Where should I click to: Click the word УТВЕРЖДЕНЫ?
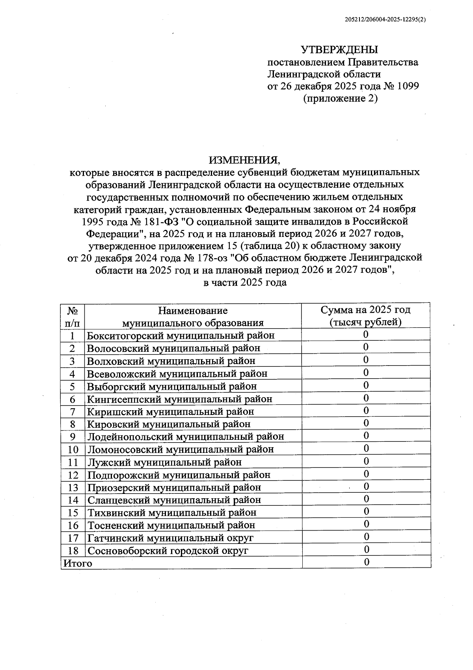tap(339, 50)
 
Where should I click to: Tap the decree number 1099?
tap(408, 86)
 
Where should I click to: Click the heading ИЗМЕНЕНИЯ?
tap(244, 160)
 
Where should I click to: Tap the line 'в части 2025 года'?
tap(244, 282)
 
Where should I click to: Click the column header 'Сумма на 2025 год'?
tap(365, 310)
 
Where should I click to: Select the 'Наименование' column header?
tap(193, 310)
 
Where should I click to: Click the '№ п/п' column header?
tap(73, 317)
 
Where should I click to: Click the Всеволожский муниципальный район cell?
tap(177, 373)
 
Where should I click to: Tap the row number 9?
tap(73, 437)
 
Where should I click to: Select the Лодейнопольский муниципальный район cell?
tap(185, 437)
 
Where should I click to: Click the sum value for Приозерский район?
tap(366, 486)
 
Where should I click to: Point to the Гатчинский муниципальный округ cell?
tap(170, 538)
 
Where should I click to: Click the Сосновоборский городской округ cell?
tap(168, 550)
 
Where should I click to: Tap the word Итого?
tap(78, 563)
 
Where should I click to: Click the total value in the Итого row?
tap(366, 562)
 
